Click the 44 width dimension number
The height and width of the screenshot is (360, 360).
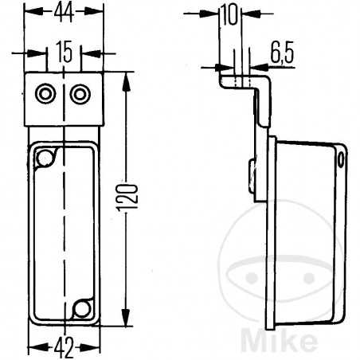click(65, 12)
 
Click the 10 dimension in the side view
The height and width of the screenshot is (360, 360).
click(229, 14)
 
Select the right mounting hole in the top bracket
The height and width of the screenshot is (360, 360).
click(79, 95)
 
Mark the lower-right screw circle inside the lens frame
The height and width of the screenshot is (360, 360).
click(80, 307)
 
